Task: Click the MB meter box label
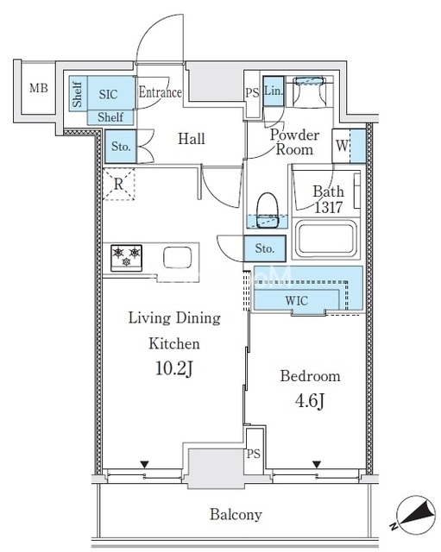pyautogui.click(x=39, y=87)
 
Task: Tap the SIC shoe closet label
pyautogui.click(x=108, y=94)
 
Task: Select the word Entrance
pyautogui.click(x=160, y=92)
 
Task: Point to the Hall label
pyautogui.click(x=192, y=139)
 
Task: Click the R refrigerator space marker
pyautogui.click(x=119, y=184)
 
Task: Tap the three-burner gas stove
pyautogui.click(x=126, y=258)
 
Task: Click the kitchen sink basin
pyautogui.click(x=178, y=258)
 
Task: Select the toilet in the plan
pyautogui.click(x=268, y=210)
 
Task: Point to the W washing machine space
pyautogui.click(x=349, y=146)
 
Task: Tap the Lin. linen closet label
pyautogui.click(x=274, y=91)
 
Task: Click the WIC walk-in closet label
pyautogui.click(x=297, y=301)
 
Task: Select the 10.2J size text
pyautogui.click(x=174, y=369)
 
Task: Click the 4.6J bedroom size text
pyautogui.click(x=310, y=401)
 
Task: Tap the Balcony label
pyautogui.click(x=236, y=515)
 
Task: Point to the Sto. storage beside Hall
pyautogui.click(x=121, y=147)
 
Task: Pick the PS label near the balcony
pyautogui.click(x=253, y=454)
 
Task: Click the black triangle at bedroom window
pyautogui.click(x=317, y=464)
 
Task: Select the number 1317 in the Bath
pyautogui.click(x=328, y=207)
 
